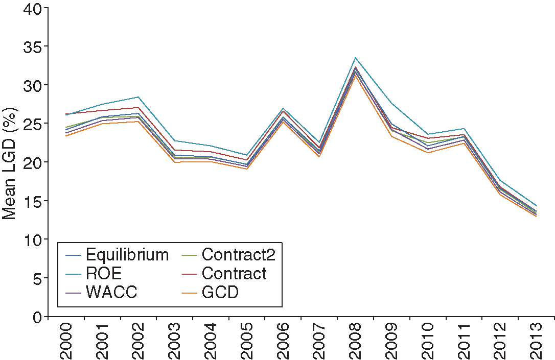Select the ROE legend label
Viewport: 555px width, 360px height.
click(x=104, y=273)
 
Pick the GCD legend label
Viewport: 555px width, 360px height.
click(x=220, y=293)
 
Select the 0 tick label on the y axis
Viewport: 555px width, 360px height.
click(x=38, y=318)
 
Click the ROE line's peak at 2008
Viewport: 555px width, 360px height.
click(x=355, y=58)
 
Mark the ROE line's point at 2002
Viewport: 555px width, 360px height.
click(x=138, y=97)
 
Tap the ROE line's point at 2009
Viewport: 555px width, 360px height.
click(x=391, y=104)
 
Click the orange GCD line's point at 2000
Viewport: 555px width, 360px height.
click(x=66, y=136)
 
